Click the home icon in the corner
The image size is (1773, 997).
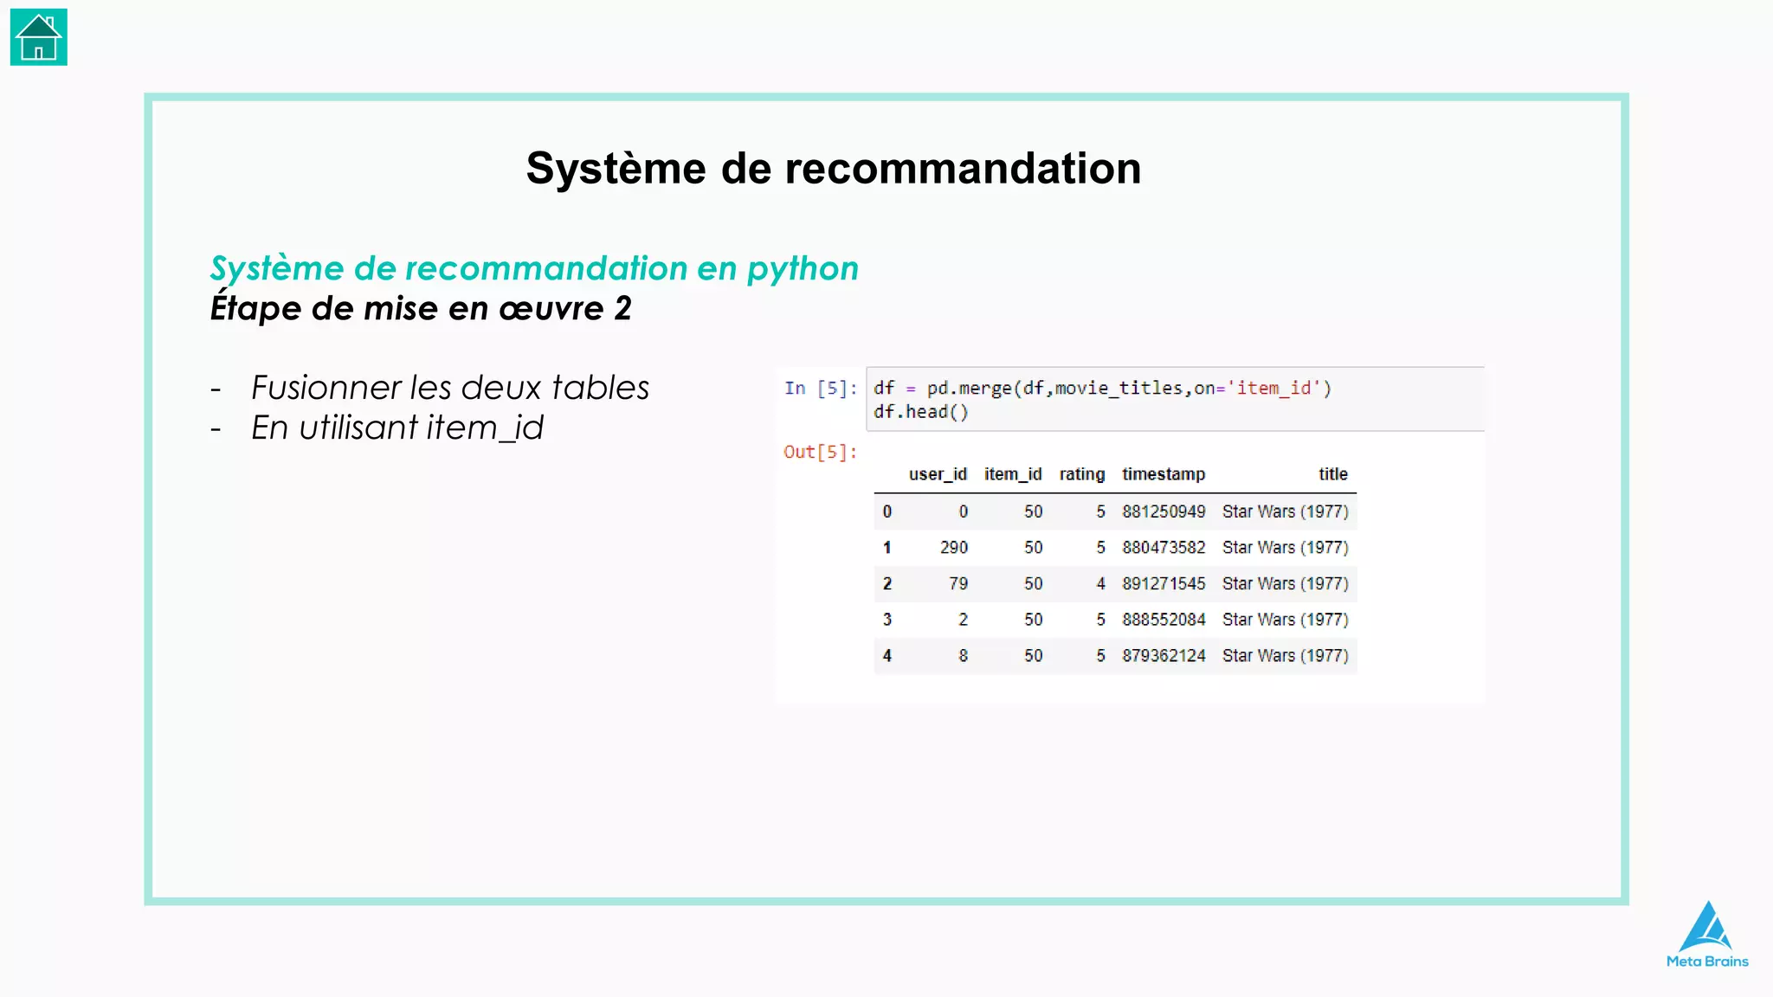point(39,38)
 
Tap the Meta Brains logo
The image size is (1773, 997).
point(1707,935)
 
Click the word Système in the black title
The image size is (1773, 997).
point(616,168)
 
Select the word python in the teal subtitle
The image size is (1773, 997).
point(803,269)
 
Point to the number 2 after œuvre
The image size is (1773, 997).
point(622,309)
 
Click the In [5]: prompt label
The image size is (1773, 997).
point(820,389)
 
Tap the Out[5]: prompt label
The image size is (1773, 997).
point(820,452)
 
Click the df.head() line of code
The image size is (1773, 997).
point(920,412)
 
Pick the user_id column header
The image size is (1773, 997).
point(938,474)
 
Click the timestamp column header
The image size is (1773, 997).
point(1163,474)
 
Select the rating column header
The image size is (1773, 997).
point(1081,474)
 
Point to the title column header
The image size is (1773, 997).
point(1332,474)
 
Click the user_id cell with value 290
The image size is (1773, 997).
point(953,548)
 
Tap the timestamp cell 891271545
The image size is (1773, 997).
point(1163,584)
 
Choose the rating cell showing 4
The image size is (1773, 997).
point(1100,584)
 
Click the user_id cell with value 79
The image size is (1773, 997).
point(957,584)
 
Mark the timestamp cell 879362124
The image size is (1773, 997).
point(1163,656)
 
